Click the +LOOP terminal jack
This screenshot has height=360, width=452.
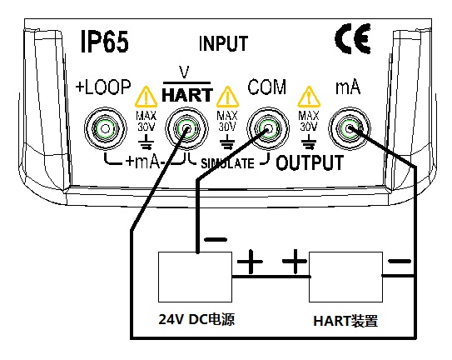[x=105, y=128]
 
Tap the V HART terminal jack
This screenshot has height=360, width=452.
[x=186, y=128]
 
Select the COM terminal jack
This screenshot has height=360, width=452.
[x=268, y=128]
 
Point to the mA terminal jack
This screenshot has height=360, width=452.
[x=350, y=128]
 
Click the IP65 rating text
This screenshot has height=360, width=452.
[x=104, y=42]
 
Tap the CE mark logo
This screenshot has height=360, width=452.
[x=353, y=38]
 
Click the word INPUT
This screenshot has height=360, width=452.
[x=223, y=43]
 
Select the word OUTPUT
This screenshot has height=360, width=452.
[x=310, y=162]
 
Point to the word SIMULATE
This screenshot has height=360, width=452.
[x=227, y=163]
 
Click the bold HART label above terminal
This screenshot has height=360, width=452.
[x=187, y=95]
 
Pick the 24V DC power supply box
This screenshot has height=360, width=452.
[x=195, y=277]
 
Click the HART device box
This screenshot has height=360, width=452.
[x=346, y=277]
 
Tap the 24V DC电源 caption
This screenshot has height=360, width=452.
[x=196, y=319]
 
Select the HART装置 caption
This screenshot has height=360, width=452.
[x=345, y=321]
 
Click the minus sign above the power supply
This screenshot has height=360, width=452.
[x=216, y=239]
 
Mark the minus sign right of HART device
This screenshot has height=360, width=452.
[x=400, y=262]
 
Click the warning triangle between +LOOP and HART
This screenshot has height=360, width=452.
[x=147, y=97]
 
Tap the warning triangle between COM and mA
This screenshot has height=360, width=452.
[x=309, y=97]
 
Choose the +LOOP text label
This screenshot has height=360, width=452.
[x=103, y=87]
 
